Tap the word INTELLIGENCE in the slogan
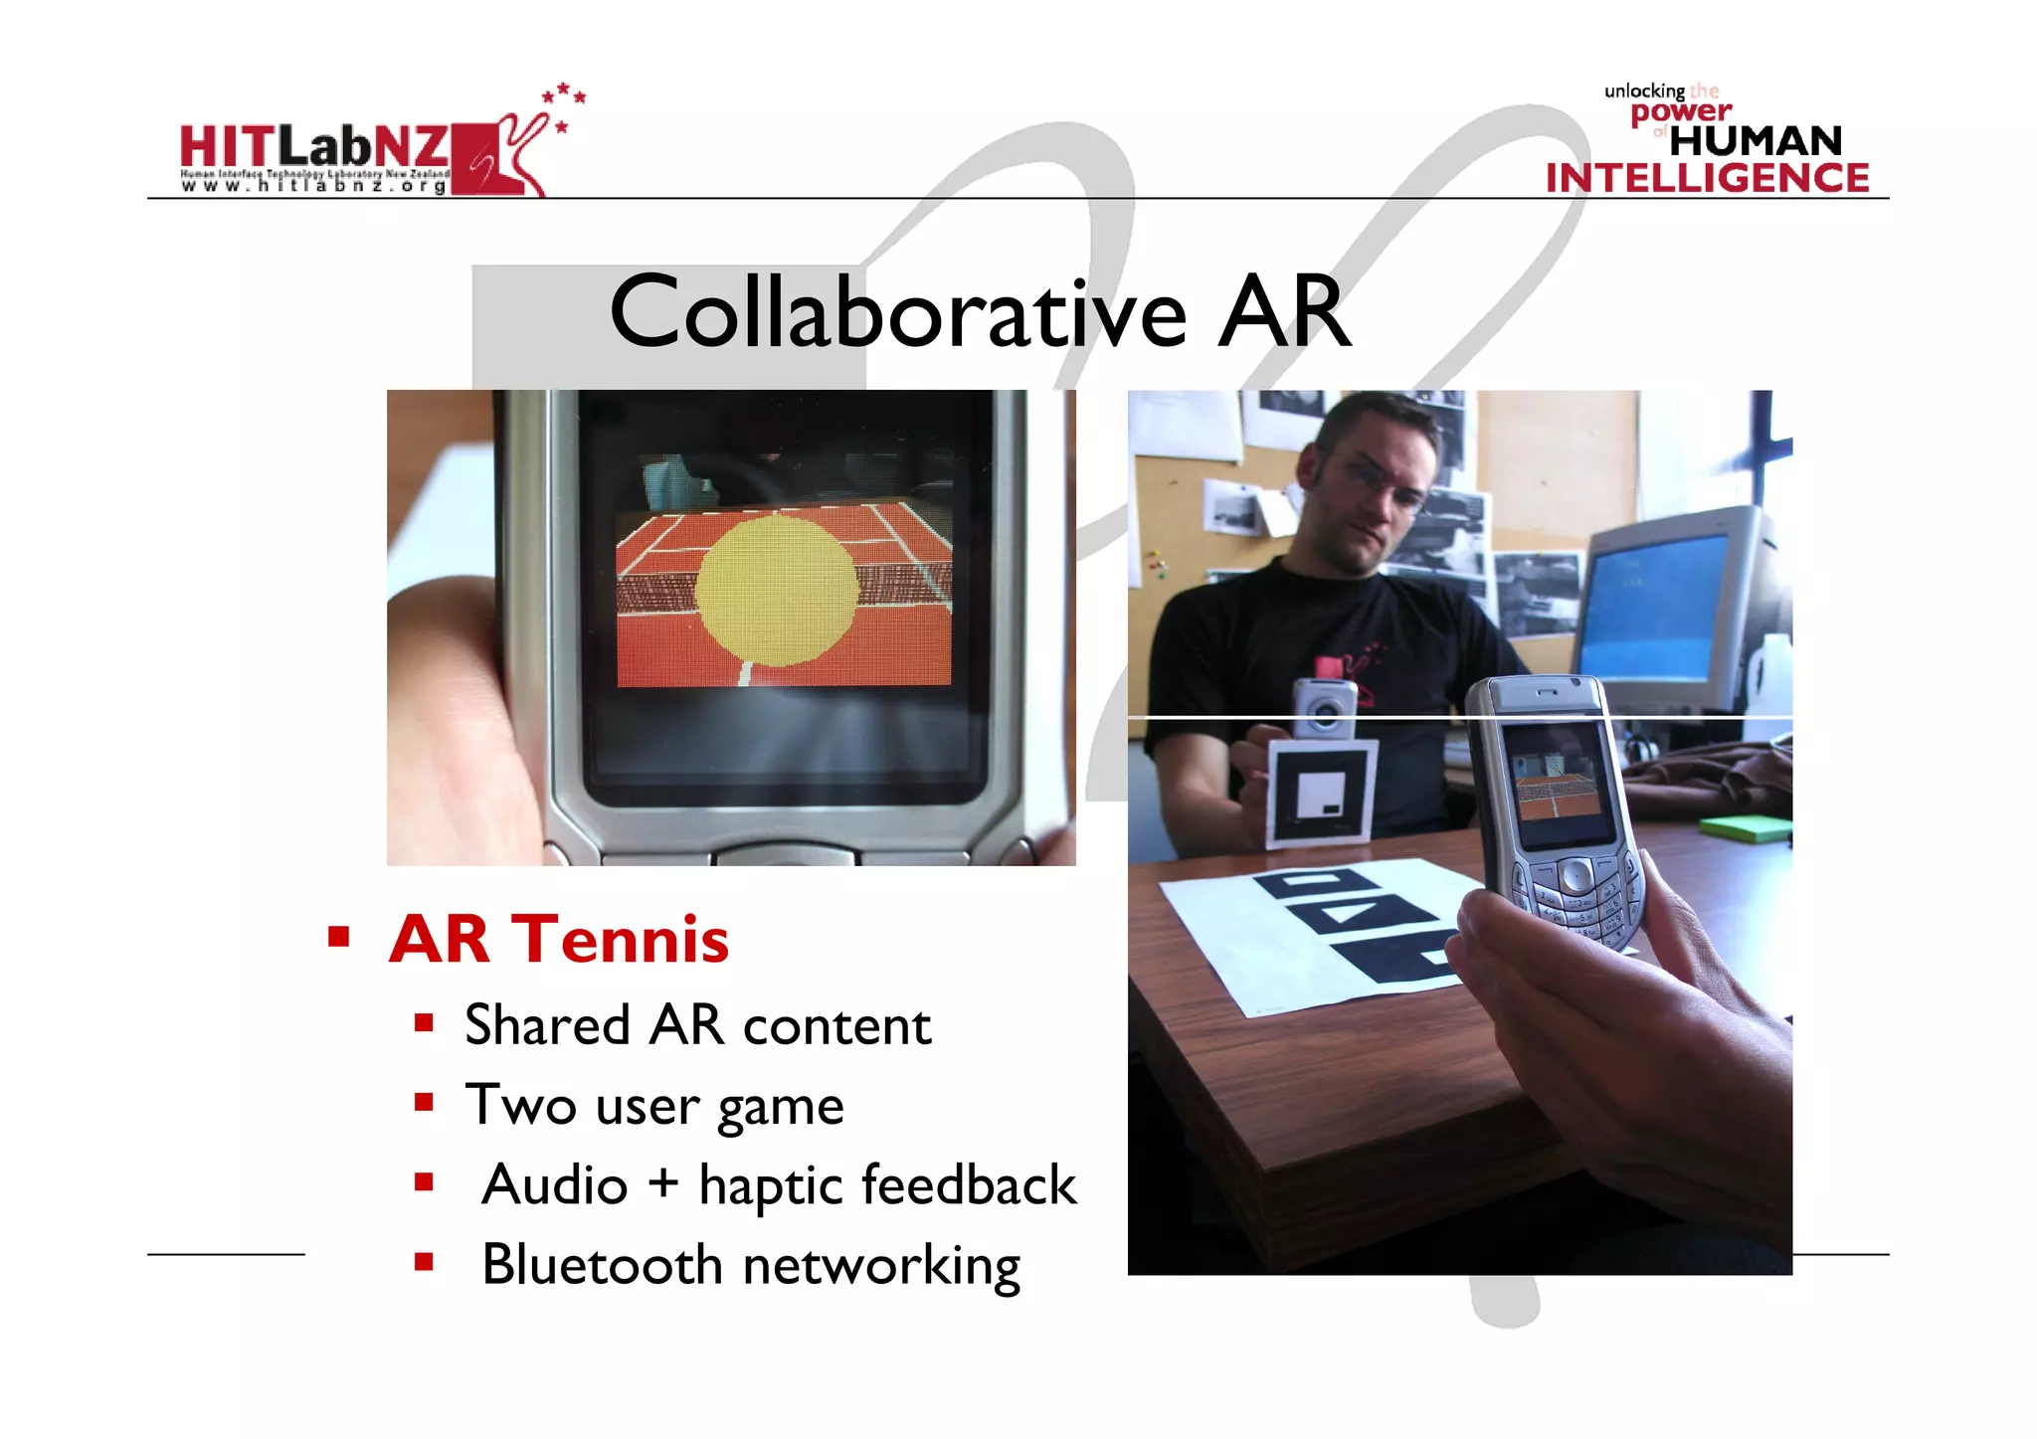[1707, 178]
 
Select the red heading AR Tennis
[559, 939]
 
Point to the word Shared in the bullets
[547, 1025]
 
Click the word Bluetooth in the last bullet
[602, 1265]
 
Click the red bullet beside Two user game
[425, 1102]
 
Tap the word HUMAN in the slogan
[1756, 141]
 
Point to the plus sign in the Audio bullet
[662, 1184]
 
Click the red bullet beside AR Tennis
[339, 936]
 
